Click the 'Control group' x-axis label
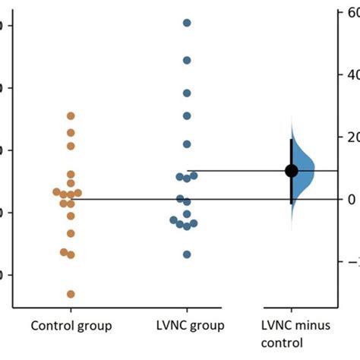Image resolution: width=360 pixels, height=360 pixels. tap(71, 327)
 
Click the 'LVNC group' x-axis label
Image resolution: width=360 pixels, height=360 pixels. tap(187, 327)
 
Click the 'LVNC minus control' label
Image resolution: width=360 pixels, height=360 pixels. tap(292, 333)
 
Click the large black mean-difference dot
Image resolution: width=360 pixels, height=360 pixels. tap(291, 171)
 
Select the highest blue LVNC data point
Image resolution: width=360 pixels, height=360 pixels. tap(187, 23)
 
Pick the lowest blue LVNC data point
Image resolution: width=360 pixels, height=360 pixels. tap(187, 254)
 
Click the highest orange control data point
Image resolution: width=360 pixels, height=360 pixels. tap(71, 116)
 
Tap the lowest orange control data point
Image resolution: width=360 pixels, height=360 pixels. tap(71, 294)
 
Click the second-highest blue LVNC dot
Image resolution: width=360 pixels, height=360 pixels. tap(187, 60)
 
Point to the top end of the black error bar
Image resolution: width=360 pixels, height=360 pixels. tap(291, 140)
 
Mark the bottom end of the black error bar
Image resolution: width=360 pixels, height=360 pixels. tap(291, 204)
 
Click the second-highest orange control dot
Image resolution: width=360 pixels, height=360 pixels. tap(71, 133)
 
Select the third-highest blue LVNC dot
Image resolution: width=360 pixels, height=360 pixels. tap(187, 93)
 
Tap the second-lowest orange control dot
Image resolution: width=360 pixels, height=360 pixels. tap(71, 255)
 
